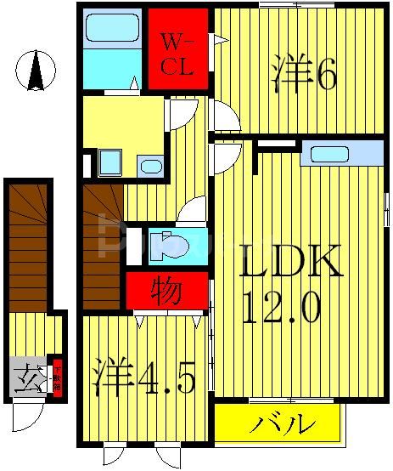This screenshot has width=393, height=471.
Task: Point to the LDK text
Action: coord(289,263)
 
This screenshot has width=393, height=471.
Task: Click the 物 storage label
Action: coord(166,292)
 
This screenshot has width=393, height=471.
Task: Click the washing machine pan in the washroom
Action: coord(109,162)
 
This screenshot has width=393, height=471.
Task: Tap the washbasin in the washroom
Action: coord(150,165)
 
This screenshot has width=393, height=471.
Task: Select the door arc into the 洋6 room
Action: coord(225,117)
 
